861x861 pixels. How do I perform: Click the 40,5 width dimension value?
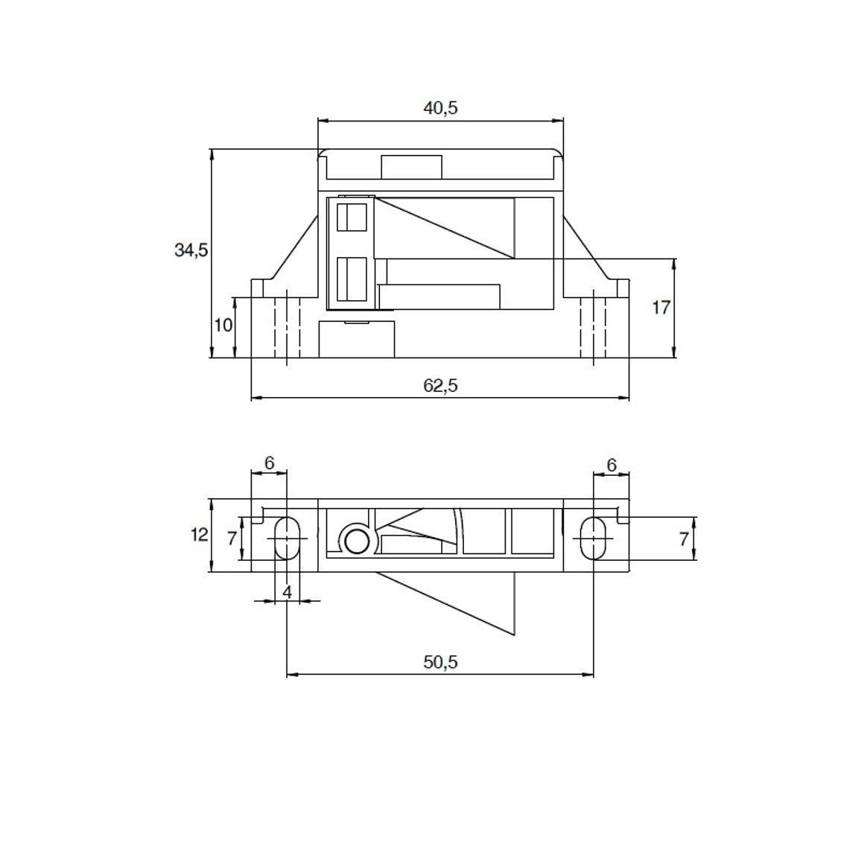click(x=440, y=108)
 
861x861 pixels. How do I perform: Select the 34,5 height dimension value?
click(x=191, y=250)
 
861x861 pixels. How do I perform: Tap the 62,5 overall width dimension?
click(x=440, y=386)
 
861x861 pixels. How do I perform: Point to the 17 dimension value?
click(x=661, y=308)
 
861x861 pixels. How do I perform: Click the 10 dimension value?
click(x=223, y=325)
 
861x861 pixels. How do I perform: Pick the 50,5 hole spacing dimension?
click(x=440, y=662)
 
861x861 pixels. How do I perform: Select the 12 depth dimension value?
click(x=200, y=534)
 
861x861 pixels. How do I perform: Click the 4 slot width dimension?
click(x=287, y=592)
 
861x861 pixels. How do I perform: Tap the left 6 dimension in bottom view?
click(x=269, y=463)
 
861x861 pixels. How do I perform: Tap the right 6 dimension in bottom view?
click(x=611, y=465)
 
